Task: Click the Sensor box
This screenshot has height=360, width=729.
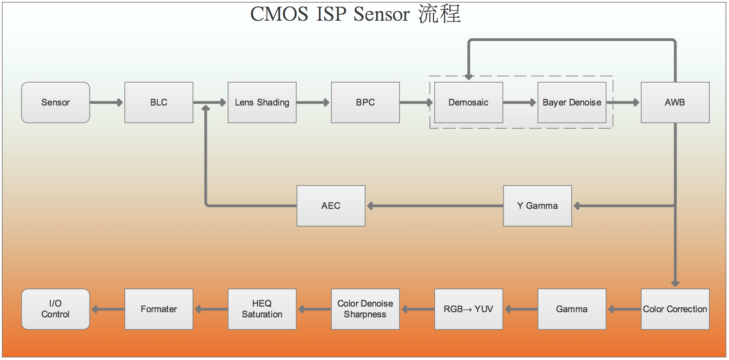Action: pos(56,102)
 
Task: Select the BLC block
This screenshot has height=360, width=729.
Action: pos(159,102)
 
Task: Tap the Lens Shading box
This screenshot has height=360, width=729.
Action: pos(262,102)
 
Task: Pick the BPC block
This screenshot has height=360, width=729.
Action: pos(365,102)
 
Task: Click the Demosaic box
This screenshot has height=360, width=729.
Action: pos(469,102)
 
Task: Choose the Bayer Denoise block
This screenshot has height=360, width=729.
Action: pos(572,102)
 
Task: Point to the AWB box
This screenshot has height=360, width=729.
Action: pos(675,102)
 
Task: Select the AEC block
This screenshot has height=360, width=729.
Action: pos(331,206)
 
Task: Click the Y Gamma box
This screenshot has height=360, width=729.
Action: pos(537,206)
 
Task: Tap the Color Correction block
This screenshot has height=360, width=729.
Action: pos(675,309)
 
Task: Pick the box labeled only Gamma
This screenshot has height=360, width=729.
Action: pos(572,309)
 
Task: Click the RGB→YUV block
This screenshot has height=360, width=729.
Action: pos(469,309)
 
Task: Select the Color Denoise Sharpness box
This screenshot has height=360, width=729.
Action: pos(365,309)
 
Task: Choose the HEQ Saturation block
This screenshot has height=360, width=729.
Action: pos(262,309)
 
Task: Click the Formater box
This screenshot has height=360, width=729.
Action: pos(159,309)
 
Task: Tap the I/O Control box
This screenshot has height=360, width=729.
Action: pos(56,309)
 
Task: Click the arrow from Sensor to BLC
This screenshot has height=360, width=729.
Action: pos(107,102)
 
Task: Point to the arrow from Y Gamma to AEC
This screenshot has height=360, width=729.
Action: pos(435,206)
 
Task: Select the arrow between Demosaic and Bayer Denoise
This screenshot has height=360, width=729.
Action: pos(520,102)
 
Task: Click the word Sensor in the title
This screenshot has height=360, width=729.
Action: pos(381,14)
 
